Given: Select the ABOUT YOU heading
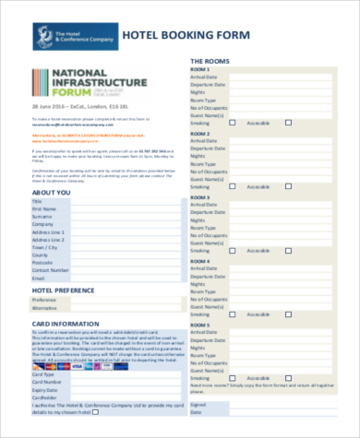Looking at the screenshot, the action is tap(54, 192).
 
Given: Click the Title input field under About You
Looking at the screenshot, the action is tap(121, 201).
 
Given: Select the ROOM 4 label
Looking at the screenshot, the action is tap(200, 260).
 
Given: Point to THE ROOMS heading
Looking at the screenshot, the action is tap(212, 61).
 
